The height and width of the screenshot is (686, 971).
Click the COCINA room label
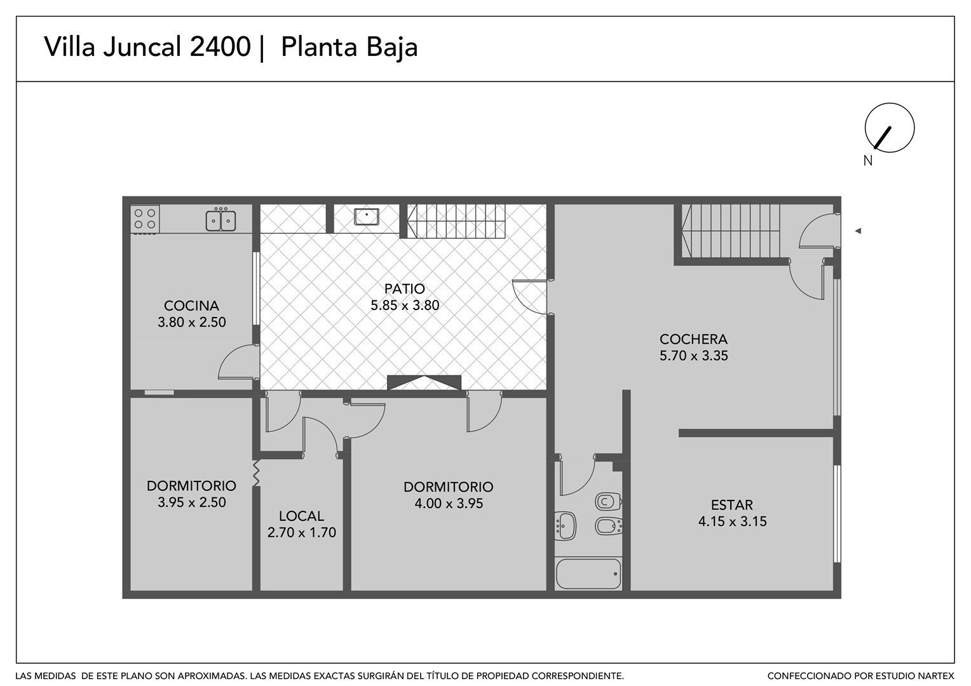tap(191, 306)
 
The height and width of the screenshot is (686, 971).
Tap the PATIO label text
tap(404, 288)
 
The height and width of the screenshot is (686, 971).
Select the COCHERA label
tap(693, 339)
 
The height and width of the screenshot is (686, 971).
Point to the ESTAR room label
tap(731, 505)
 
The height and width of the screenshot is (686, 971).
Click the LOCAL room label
tap(301, 516)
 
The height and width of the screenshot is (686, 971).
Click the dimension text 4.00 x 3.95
tap(449, 503)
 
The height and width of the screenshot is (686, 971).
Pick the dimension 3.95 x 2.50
tap(192, 502)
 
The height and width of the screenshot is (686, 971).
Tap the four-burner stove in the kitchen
tap(145, 219)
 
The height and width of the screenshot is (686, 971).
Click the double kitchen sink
tap(221, 220)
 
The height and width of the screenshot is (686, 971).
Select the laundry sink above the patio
tap(366, 217)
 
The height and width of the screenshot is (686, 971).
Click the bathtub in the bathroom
tap(588, 574)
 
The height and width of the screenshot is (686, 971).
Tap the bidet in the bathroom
tap(609, 527)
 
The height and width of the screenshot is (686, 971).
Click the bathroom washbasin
tap(566, 526)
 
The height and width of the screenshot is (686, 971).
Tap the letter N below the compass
tap(867, 161)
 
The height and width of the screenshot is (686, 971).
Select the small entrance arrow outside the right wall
tap(857, 231)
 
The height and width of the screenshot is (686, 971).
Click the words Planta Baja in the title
tap(350, 47)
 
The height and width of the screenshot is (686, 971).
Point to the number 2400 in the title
tap(221, 46)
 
